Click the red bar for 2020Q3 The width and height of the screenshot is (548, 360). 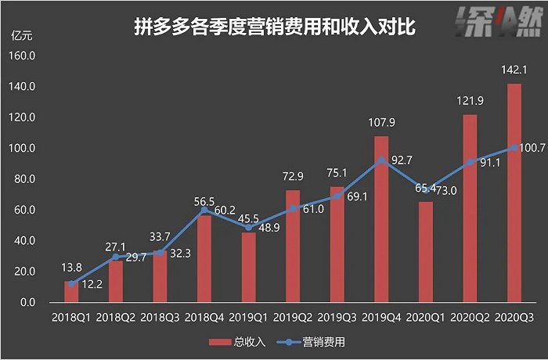coord(514,193)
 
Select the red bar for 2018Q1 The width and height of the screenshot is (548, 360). coord(71,292)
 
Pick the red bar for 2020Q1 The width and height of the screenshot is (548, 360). coord(426,252)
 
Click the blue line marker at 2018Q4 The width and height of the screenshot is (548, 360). coord(204,210)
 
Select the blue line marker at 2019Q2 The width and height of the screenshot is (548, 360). coord(293,209)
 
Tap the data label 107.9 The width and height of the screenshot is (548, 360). coord(381,122)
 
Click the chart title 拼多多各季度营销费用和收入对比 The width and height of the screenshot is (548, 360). coord(273,27)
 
